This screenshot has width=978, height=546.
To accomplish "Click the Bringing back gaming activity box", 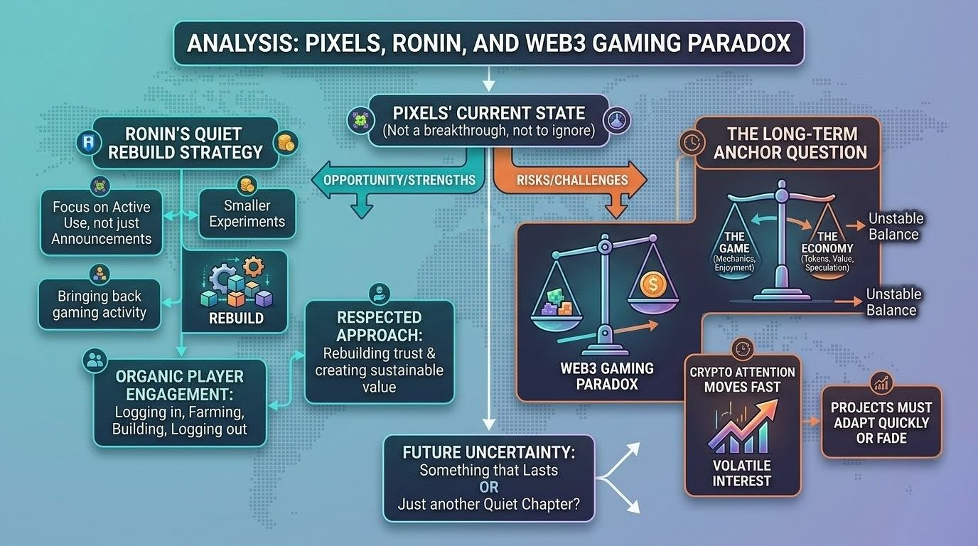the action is pos(100,304).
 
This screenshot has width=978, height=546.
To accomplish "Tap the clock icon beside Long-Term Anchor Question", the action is pos(689,141).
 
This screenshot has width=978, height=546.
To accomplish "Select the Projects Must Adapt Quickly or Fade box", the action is pos(881,422).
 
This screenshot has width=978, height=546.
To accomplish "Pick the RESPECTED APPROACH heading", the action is pos(380,326).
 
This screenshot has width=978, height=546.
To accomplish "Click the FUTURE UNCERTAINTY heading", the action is pos(489,451).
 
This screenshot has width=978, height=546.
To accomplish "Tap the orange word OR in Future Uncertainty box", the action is pos(489,488).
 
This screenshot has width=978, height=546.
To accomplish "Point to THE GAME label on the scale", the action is pos(735,242).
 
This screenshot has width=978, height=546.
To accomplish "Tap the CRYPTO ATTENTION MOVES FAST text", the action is pos(742,380).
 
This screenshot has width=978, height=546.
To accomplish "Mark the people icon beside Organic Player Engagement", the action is pos(94,360).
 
